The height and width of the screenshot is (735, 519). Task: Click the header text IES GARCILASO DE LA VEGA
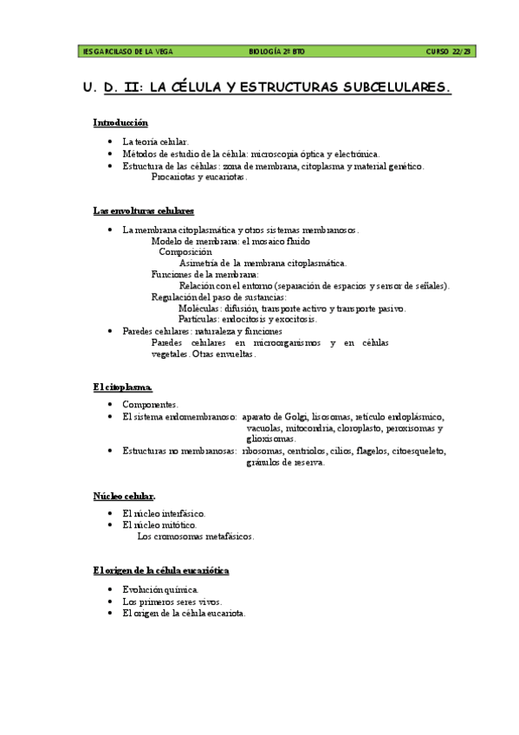click(127, 52)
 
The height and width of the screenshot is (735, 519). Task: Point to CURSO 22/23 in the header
click(449, 52)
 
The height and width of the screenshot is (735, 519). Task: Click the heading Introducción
click(120, 123)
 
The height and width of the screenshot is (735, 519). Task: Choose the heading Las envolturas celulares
click(143, 211)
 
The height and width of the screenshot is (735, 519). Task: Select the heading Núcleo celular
click(124, 496)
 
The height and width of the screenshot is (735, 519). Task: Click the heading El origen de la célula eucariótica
click(160, 570)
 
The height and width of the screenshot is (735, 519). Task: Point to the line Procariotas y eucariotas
click(199, 177)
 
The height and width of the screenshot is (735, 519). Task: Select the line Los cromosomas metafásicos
click(196, 537)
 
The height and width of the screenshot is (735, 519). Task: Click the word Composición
click(185, 252)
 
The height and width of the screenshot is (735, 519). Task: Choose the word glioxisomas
click(270, 439)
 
